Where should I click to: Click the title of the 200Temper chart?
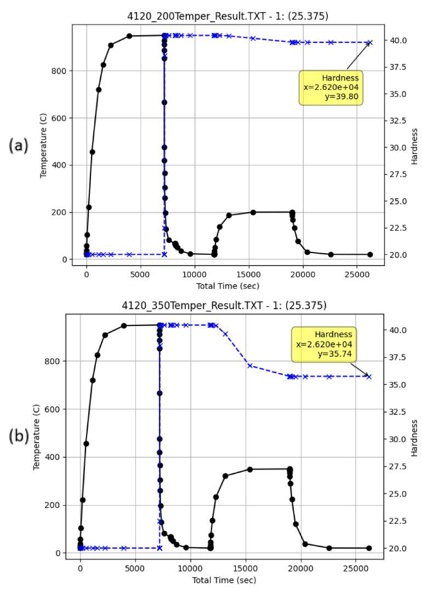click(227, 16)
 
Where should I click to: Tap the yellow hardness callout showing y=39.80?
click(331, 88)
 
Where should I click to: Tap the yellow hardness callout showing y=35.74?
click(324, 344)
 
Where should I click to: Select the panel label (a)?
click(19, 146)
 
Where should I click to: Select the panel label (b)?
click(19, 436)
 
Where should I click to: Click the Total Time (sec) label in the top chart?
click(227, 285)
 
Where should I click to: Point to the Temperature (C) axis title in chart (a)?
click(43, 146)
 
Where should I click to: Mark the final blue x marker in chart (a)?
click(369, 42)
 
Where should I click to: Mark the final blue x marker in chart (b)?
click(369, 376)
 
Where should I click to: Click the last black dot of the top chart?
click(370, 254)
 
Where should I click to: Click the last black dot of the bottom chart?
click(369, 548)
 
